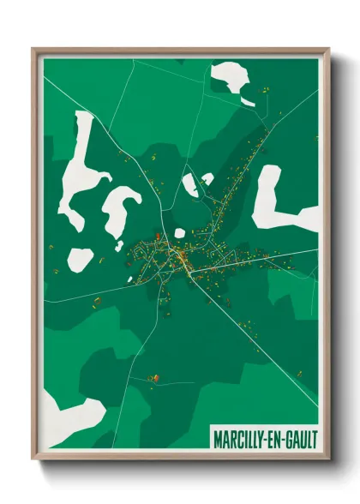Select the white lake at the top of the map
[230, 78]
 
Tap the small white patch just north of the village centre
[189, 185]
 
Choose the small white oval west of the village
[81, 257]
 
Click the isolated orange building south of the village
[155, 377]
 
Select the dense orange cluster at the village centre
[181, 255]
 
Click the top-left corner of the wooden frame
[34, 50]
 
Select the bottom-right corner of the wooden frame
[327, 458]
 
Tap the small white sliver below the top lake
[247, 102]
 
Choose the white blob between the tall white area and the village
[120, 210]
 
